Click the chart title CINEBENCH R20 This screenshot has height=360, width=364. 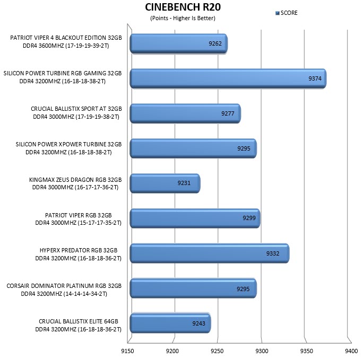tap(183, 7)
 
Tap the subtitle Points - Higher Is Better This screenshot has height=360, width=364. tap(183, 18)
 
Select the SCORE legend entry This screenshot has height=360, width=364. tap(287, 13)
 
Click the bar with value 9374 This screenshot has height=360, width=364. tap(228, 78)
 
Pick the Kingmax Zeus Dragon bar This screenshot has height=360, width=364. tap(165, 183)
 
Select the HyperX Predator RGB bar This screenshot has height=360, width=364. tap(210, 253)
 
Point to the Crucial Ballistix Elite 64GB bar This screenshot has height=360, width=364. tap(170, 323)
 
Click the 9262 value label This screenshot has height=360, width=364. tap(215, 43)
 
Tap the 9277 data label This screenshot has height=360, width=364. tap(228, 113)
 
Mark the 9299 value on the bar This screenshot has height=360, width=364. tap(249, 218)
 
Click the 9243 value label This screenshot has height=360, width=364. tap(198, 323)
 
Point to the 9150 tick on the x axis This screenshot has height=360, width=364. tap(127, 351)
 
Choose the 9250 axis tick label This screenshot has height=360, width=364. tap(217, 351)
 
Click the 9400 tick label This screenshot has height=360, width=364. tap(351, 351)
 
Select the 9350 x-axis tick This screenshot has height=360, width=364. tap(307, 351)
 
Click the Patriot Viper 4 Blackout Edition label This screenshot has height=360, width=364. tap(66, 41)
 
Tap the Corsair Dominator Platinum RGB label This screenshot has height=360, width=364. tap(64, 289)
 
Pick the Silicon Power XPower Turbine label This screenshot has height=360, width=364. tap(69, 148)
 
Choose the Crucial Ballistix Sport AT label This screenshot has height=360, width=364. tap(76, 113)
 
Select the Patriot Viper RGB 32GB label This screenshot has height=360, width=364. tap(78, 219)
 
